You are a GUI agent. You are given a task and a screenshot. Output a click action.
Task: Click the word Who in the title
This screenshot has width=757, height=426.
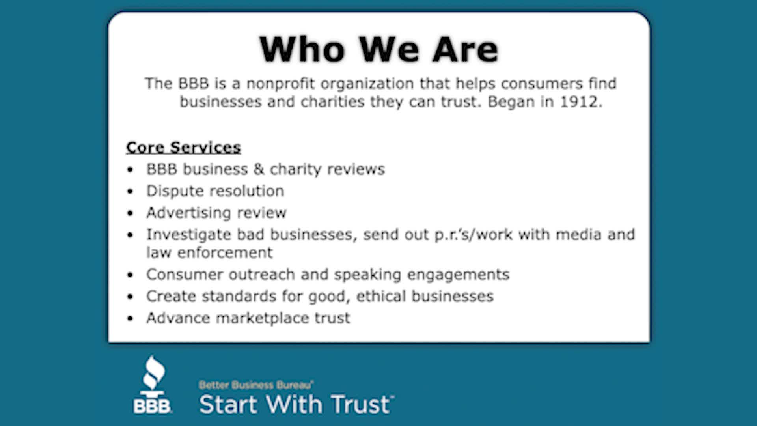point(302,50)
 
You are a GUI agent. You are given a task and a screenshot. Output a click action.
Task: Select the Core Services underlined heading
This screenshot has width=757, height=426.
point(183,148)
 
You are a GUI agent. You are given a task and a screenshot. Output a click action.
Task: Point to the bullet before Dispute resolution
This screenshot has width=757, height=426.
point(131,192)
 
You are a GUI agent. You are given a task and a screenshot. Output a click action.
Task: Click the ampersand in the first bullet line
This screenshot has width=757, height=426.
point(259,169)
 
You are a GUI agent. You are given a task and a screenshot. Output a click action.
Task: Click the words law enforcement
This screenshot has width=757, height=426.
point(209,253)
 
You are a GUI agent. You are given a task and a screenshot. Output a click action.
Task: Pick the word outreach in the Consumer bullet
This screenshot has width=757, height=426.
point(261,275)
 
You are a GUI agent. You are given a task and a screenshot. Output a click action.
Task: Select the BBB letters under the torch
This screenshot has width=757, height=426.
point(152,406)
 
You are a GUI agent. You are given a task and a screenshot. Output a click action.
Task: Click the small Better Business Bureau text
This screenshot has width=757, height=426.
point(256,385)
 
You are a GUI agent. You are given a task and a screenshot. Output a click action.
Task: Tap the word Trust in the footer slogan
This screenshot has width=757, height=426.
point(361,405)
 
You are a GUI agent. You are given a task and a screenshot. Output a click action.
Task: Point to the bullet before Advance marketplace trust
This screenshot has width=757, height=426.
point(131,318)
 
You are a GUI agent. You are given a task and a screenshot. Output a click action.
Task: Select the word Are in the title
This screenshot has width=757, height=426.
point(465,50)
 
